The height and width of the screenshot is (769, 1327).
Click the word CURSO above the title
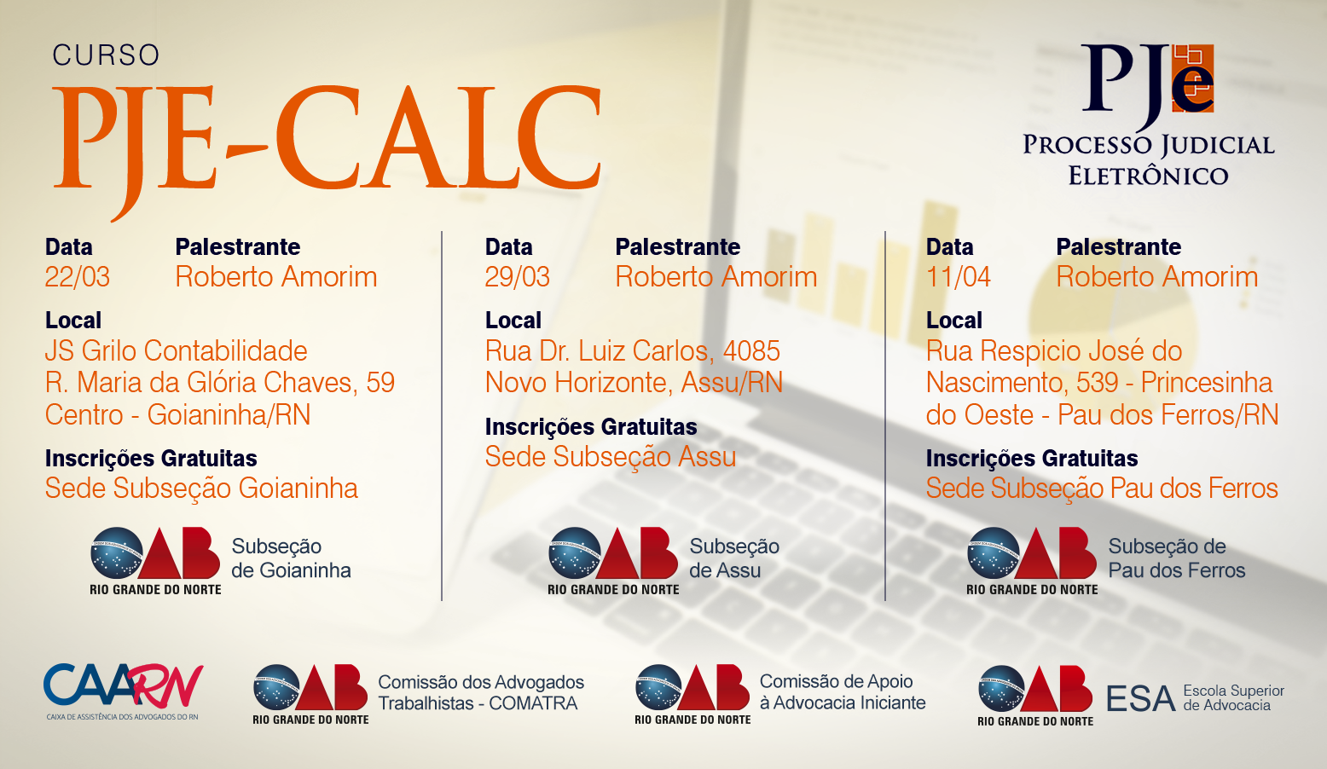click(106, 55)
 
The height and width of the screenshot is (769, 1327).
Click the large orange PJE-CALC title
click(327, 145)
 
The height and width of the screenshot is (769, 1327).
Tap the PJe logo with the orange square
click(1148, 84)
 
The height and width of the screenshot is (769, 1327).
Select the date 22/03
click(78, 276)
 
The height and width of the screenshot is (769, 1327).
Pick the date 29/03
click(518, 276)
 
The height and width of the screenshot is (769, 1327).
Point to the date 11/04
click(958, 276)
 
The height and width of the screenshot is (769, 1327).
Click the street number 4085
click(751, 351)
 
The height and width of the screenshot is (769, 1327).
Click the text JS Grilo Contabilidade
click(176, 351)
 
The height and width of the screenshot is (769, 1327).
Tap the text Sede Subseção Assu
click(610, 456)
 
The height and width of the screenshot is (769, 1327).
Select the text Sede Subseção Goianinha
click(201, 489)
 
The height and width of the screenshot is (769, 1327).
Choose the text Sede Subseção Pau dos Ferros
click(1102, 489)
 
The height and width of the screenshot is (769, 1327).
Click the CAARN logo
click(123, 691)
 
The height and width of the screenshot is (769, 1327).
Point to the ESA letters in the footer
click(1140, 698)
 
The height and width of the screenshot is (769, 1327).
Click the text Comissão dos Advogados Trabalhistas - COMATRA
click(481, 692)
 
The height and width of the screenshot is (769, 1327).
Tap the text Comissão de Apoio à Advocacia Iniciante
click(843, 692)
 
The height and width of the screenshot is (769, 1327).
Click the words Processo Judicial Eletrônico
click(1148, 159)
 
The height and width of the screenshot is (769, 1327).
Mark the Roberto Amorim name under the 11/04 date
click(1157, 276)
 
